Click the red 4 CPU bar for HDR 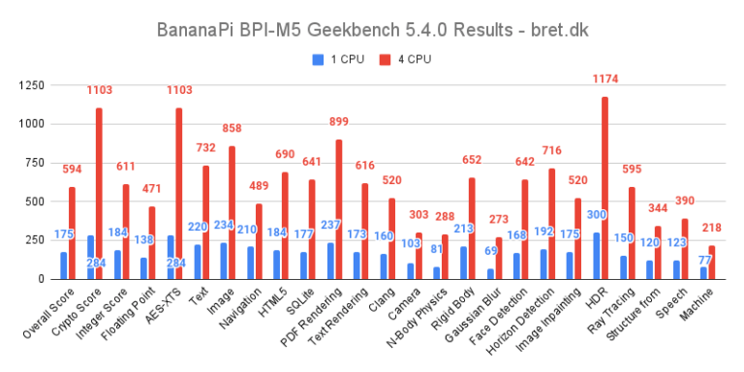[605, 188]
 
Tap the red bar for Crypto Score [99, 194]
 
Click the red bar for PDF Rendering [339, 209]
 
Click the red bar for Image [232, 213]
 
